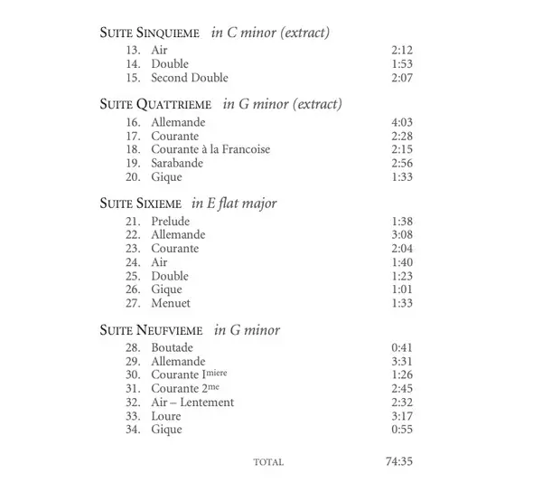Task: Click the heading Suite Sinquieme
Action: [149, 33]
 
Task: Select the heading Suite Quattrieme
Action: [154, 104]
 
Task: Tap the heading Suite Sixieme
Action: [140, 203]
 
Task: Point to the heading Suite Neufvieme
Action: [151, 329]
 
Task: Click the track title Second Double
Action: [190, 78]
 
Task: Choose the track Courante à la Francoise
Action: [210, 149]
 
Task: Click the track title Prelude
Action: [171, 221]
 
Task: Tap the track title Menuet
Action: [171, 303]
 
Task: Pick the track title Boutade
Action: [173, 347]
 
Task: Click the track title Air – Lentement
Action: [192, 403]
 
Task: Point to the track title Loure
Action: [166, 416]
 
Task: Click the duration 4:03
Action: [402, 122]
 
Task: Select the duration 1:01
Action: [402, 289]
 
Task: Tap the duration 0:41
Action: [402, 347]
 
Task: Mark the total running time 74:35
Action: [399, 461]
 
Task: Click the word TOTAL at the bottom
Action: [268, 462]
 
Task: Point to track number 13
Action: [134, 51]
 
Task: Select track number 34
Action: [134, 430]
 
